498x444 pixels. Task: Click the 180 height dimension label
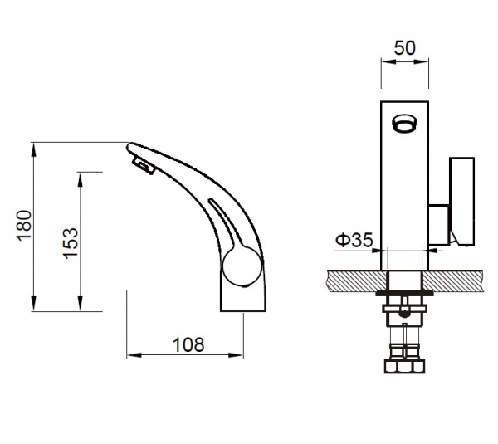(25, 225)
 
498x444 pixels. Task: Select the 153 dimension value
(71, 243)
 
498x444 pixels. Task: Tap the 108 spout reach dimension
(188, 344)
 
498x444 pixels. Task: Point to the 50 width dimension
(405, 48)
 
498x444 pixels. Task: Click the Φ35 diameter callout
(354, 240)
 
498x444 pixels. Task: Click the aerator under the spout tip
(144, 164)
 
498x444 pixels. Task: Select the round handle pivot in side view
(242, 266)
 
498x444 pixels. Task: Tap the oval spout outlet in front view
(404, 123)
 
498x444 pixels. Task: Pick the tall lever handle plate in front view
(462, 202)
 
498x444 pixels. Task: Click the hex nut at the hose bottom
(405, 366)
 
